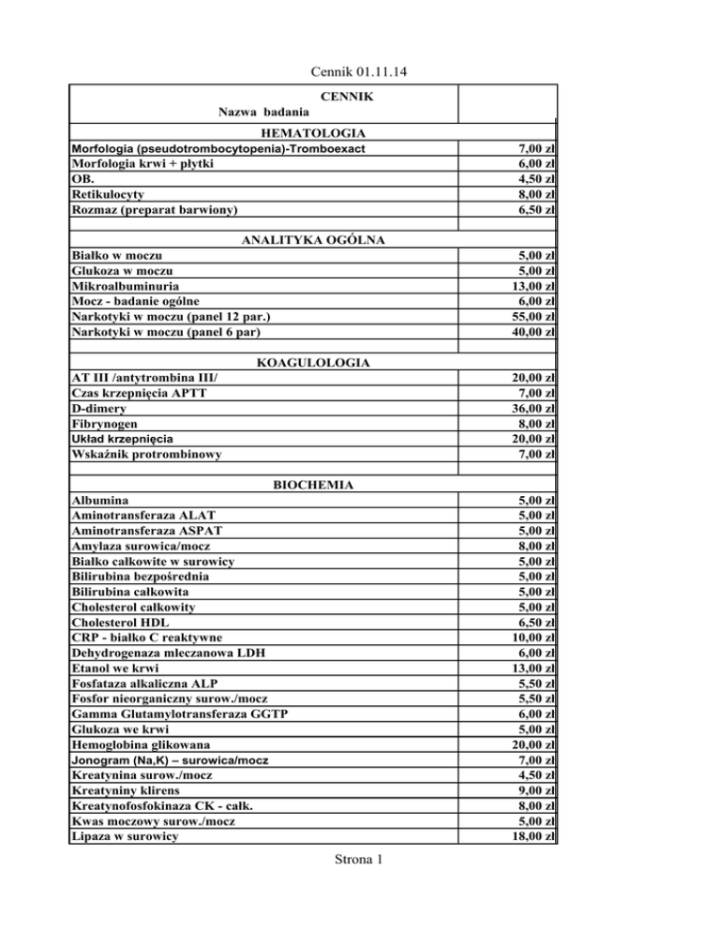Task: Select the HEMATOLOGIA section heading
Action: pos(314,134)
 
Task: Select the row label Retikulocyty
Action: pos(109,194)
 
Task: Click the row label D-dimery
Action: pos(101,408)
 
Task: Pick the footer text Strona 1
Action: pos(360,886)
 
